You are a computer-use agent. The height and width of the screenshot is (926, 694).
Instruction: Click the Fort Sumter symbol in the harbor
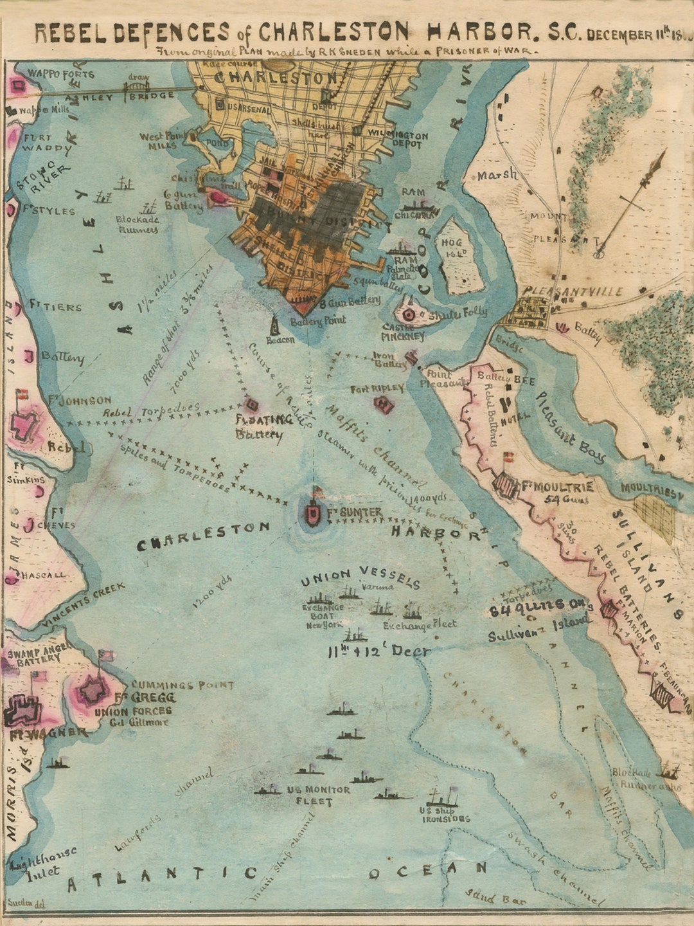pyautogui.click(x=313, y=513)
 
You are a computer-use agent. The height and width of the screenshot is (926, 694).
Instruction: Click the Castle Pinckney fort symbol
pyautogui.click(x=409, y=314)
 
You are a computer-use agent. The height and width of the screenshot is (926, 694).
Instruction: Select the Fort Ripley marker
pyautogui.click(x=384, y=404)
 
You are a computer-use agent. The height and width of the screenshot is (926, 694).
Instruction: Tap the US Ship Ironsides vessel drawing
pyautogui.click(x=443, y=797)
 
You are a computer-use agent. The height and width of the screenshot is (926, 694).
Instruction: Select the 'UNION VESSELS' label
pyautogui.click(x=360, y=577)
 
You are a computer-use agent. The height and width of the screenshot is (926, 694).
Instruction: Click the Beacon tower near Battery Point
pyautogui.click(x=276, y=325)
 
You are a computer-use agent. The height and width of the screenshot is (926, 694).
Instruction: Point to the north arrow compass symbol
pyautogui.click(x=632, y=203)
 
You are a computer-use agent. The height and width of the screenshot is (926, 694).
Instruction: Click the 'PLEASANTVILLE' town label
pyautogui.click(x=573, y=292)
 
